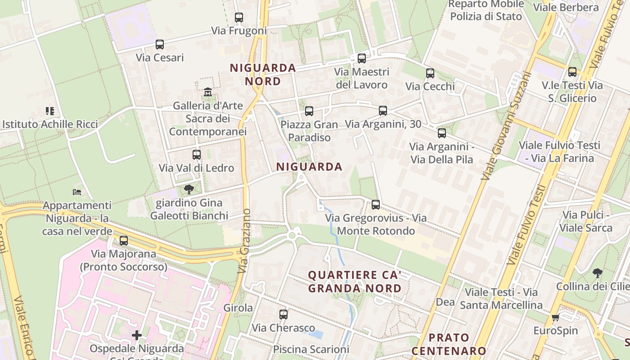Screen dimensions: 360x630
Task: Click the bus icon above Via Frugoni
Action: tap(239, 18)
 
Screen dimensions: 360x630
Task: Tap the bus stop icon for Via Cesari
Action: tap(160, 45)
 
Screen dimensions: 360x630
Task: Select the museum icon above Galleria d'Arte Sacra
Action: tap(208, 92)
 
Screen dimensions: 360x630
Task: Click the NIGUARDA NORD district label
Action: tap(263, 75)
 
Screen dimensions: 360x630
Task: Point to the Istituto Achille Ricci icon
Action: tap(50, 111)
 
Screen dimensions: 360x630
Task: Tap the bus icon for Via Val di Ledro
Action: tap(197, 155)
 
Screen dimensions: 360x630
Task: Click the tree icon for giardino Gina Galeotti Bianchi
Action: tap(189, 189)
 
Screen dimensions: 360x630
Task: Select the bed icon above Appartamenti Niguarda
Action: tap(77, 192)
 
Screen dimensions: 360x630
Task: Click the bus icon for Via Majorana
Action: tap(124, 241)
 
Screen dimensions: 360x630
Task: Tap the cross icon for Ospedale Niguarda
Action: tap(137, 335)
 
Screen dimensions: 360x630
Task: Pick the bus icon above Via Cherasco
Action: tap(283, 315)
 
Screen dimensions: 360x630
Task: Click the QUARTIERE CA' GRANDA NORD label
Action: tap(355, 282)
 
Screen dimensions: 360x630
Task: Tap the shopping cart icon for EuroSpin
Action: tap(555, 318)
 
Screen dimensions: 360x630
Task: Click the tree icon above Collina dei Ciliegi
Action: tap(598, 273)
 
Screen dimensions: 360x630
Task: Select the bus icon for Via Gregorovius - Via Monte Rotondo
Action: tap(376, 205)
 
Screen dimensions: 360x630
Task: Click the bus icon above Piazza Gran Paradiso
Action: tap(309, 111)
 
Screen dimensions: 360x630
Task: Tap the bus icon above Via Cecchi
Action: tap(430, 73)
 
